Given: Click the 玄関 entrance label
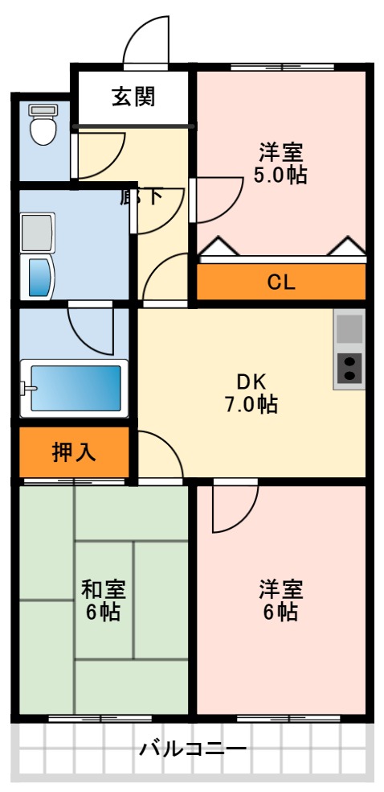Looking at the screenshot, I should click(x=133, y=97).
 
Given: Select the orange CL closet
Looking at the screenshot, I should click(x=281, y=282).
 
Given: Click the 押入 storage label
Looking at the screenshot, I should click(x=74, y=452).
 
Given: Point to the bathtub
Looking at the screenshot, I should click(x=74, y=388).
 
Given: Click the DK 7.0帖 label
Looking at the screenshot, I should click(x=251, y=393).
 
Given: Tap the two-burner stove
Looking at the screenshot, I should click(x=349, y=369).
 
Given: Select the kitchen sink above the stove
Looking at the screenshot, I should click(x=349, y=328).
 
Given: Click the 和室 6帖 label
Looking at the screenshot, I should click(x=102, y=600).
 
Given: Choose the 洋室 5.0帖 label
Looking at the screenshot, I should click(x=280, y=163).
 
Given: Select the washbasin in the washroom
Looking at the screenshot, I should click(x=38, y=275).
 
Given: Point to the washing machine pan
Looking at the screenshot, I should click(x=37, y=233).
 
